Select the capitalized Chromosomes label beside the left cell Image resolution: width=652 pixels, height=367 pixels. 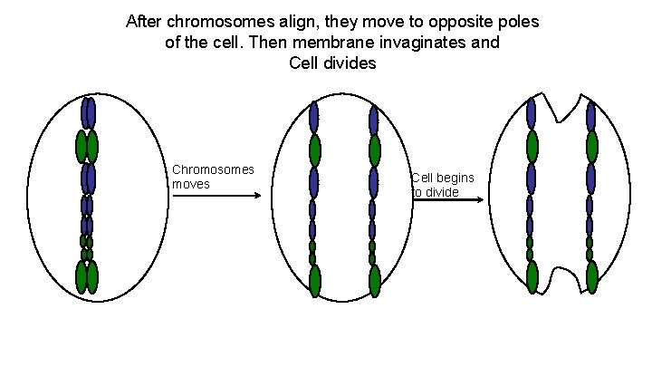(x=213, y=169)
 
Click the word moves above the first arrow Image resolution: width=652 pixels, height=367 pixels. (x=191, y=184)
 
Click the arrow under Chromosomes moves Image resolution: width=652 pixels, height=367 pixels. (x=216, y=196)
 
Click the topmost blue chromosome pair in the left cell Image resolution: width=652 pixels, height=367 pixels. (x=88, y=112)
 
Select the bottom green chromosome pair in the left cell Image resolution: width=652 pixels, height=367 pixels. (x=87, y=277)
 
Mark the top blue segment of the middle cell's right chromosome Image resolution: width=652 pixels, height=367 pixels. (x=374, y=118)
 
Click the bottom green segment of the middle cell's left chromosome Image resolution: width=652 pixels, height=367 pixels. (x=314, y=281)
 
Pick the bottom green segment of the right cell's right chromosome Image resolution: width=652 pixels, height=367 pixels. (x=592, y=277)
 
